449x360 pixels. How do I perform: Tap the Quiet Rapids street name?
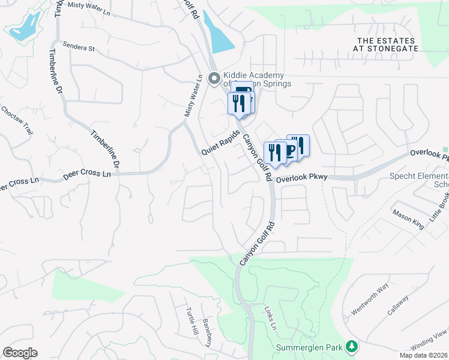click(x=220, y=142)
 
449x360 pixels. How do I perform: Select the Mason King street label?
click(x=408, y=218)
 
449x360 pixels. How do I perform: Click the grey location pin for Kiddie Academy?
click(x=213, y=78)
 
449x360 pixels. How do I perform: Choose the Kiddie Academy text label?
click(x=257, y=79)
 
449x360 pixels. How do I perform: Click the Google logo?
click(x=20, y=353)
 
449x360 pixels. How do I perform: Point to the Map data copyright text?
click(x=423, y=355)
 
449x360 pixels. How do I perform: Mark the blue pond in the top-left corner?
click(x=25, y=27)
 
